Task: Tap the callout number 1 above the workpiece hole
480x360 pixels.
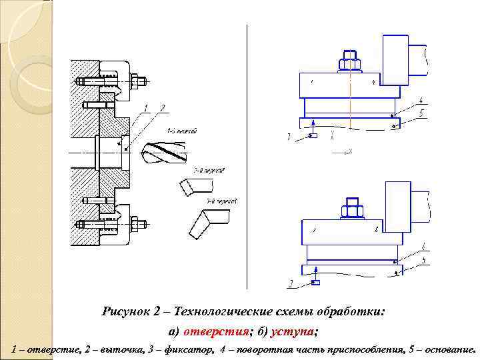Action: click(x=145, y=108)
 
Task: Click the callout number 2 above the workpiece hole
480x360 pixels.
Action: click(x=162, y=108)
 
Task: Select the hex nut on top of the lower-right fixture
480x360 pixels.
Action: click(x=351, y=211)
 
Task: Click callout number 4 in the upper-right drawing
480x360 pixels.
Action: click(x=421, y=101)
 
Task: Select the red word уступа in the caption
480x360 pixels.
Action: click(x=293, y=332)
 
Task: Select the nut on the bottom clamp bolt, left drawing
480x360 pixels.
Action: click(x=140, y=223)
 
